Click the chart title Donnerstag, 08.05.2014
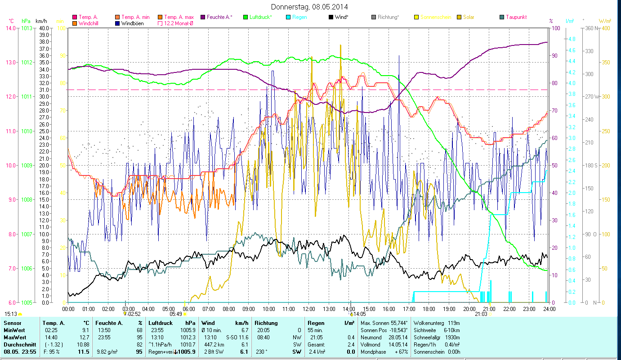tap(310, 7)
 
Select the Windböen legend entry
tap(132, 23)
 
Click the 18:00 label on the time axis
tap(429, 309)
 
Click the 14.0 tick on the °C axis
tap(9, 28)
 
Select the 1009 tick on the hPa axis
tap(27, 165)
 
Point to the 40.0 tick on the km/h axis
tap(44, 28)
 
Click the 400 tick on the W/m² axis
tap(605, 28)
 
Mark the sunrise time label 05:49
tap(176, 314)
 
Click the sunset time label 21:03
tap(481, 314)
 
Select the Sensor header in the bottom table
tap(12, 323)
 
